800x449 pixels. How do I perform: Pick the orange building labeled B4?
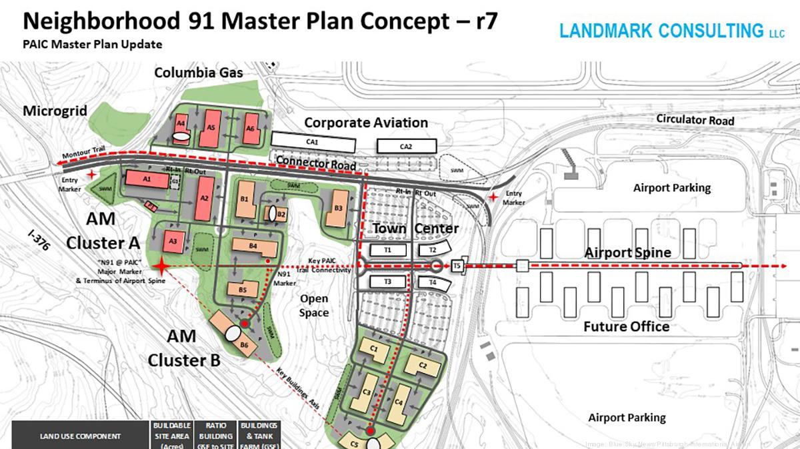coord(254,246)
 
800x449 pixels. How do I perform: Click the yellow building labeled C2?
coord(421,365)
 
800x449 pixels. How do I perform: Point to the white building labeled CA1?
coord(313,141)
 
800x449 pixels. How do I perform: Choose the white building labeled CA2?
coord(406,146)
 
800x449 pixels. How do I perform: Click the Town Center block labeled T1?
coord(387,250)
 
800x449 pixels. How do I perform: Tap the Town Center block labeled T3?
coord(387,282)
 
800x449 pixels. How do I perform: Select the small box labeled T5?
coord(457,265)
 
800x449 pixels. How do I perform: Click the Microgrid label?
coord(55,111)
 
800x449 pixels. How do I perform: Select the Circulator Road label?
coord(695,119)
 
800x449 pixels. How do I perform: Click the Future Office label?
coord(626,326)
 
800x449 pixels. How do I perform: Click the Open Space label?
coord(314,306)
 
